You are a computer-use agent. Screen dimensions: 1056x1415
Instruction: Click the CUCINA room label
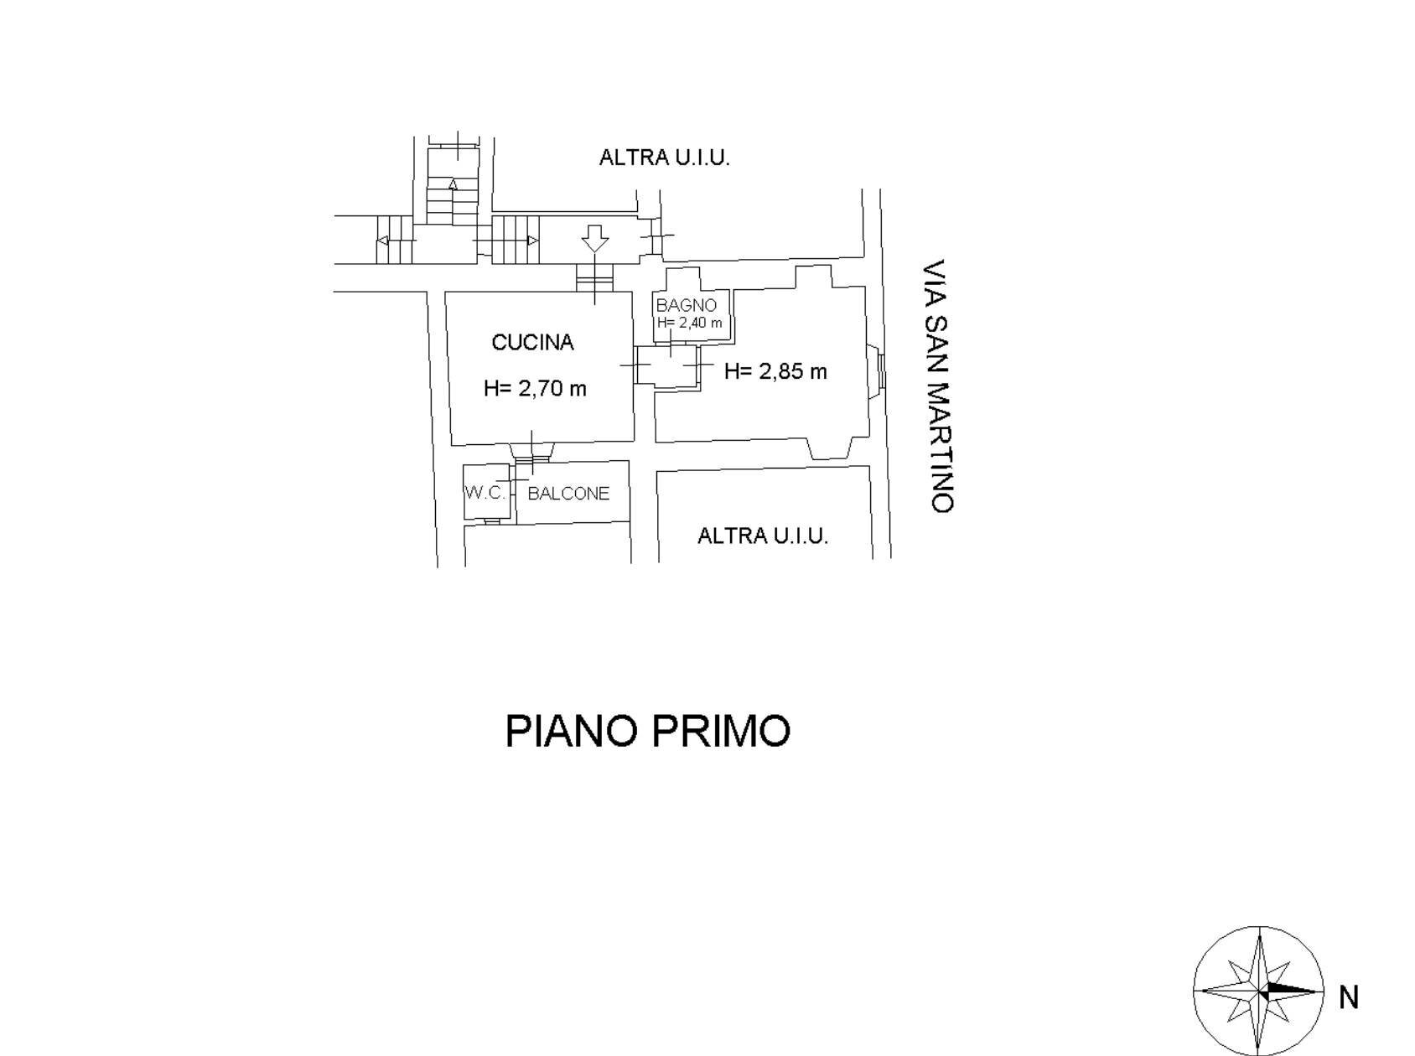pyautogui.click(x=532, y=343)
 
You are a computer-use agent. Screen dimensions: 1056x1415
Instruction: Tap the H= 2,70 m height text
pyautogui.click(x=535, y=388)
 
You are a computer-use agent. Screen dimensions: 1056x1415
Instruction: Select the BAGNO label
pyautogui.click(x=686, y=305)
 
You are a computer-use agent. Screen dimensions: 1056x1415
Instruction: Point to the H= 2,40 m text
pyautogui.click(x=689, y=323)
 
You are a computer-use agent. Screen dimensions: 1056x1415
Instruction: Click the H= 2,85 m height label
pyautogui.click(x=775, y=371)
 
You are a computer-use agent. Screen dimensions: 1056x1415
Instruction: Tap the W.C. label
pyautogui.click(x=485, y=492)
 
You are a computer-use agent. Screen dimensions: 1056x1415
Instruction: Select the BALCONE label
pyautogui.click(x=568, y=494)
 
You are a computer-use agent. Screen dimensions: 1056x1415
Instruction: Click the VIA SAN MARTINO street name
pyautogui.click(x=936, y=386)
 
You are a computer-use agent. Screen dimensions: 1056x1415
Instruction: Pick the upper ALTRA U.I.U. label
pyautogui.click(x=664, y=158)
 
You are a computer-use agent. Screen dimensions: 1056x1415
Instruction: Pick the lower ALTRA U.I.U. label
pyautogui.click(x=763, y=536)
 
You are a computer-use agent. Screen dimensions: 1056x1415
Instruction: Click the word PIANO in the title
pyautogui.click(x=572, y=731)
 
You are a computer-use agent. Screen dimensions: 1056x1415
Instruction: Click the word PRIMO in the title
pyautogui.click(x=721, y=731)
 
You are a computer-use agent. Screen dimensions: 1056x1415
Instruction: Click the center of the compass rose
pyautogui.click(x=1259, y=991)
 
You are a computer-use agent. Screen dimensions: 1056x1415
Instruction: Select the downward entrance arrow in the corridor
pyautogui.click(x=595, y=238)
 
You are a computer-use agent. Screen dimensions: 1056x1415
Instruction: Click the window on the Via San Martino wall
pyautogui.click(x=878, y=370)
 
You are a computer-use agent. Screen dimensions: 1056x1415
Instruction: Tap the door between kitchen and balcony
pyautogui.click(x=531, y=453)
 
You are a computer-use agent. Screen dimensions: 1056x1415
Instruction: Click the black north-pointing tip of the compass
pyautogui.click(x=1308, y=991)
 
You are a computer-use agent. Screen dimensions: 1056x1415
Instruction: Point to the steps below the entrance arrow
pyautogui.click(x=595, y=277)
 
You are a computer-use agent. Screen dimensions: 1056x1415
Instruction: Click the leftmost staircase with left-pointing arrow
pyautogui.click(x=395, y=241)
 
